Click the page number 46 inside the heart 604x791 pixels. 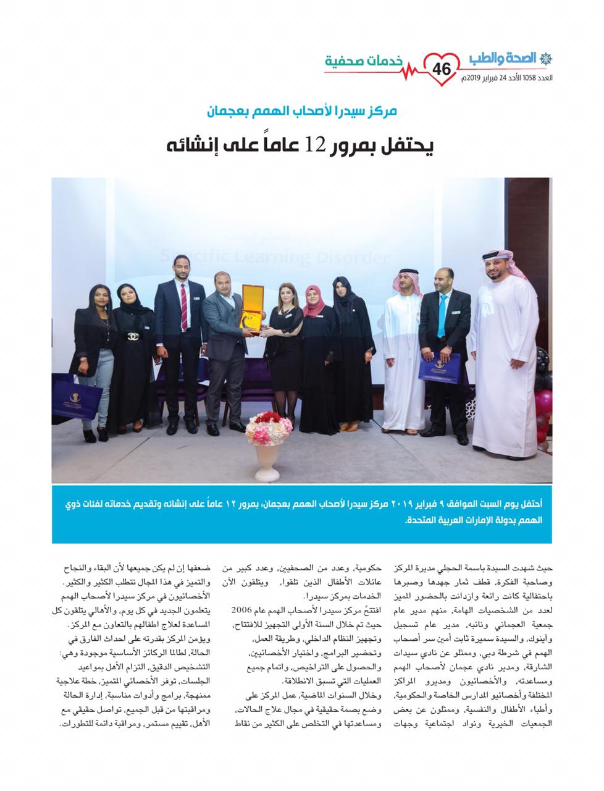point(443,69)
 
